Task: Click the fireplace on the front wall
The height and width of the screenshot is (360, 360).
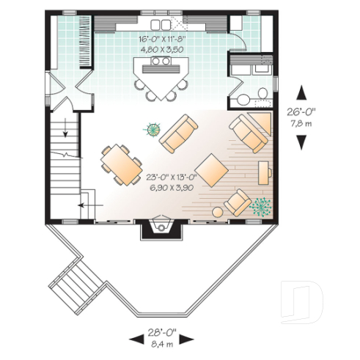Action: click(161, 227)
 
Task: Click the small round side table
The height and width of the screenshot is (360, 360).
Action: click(218, 212)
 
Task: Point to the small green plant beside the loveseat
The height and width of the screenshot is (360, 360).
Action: click(152, 130)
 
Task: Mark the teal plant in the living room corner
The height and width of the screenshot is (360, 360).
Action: click(259, 207)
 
